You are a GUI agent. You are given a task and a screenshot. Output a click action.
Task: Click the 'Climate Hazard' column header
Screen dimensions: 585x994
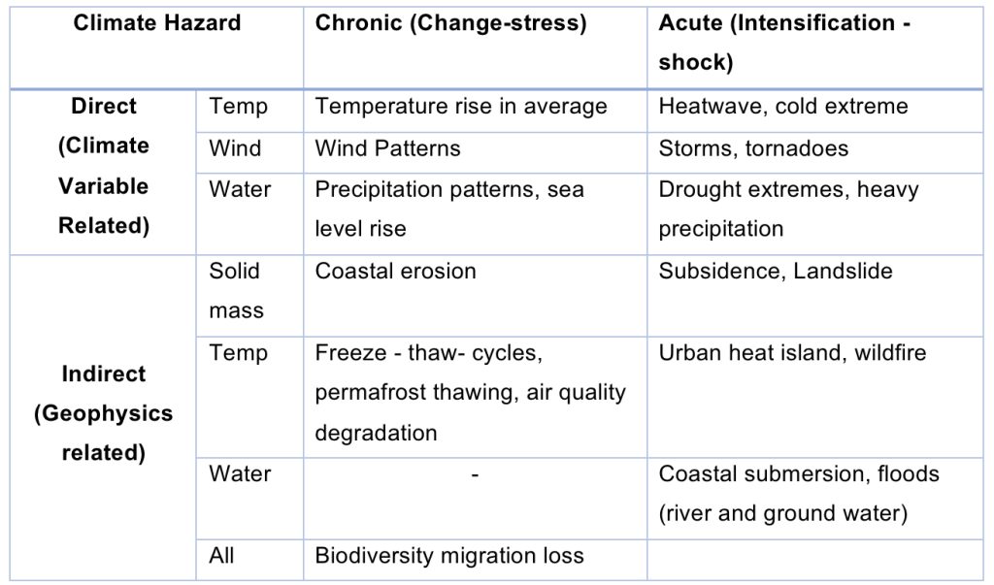(x=156, y=23)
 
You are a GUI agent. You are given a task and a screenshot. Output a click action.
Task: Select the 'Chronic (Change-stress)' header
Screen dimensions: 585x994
(x=450, y=23)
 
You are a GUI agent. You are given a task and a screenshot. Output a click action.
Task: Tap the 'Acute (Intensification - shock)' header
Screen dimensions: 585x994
(x=783, y=43)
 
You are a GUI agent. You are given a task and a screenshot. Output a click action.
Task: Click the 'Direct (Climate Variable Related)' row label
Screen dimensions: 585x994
(x=103, y=166)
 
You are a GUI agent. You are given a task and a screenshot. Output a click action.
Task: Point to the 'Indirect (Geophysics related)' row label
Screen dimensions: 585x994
(x=103, y=413)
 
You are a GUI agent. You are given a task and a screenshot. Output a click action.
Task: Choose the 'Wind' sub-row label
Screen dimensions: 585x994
(x=234, y=148)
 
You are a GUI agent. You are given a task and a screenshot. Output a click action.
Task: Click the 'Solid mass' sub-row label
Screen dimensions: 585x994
(x=236, y=291)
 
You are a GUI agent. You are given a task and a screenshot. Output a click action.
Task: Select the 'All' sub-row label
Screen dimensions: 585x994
(x=221, y=556)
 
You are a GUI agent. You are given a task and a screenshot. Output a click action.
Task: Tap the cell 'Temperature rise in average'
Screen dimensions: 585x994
(x=460, y=107)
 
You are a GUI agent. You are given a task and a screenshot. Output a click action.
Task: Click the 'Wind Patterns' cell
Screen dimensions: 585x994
(x=387, y=148)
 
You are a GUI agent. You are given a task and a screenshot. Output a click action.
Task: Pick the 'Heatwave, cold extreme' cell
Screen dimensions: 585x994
(x=782, y=107)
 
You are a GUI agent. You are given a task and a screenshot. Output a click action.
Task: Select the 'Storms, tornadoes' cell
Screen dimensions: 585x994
(x=753, y=148)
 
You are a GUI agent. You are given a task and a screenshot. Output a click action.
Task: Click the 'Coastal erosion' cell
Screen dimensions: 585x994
(x=395, y=271)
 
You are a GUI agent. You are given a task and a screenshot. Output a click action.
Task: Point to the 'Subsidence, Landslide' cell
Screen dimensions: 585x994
(x=775, y=271)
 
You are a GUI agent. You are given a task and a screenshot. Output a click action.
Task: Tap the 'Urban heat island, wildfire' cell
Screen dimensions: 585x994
(x=792, y=353)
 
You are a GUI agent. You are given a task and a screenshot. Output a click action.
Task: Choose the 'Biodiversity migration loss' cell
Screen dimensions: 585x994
(x=449, y=556)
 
